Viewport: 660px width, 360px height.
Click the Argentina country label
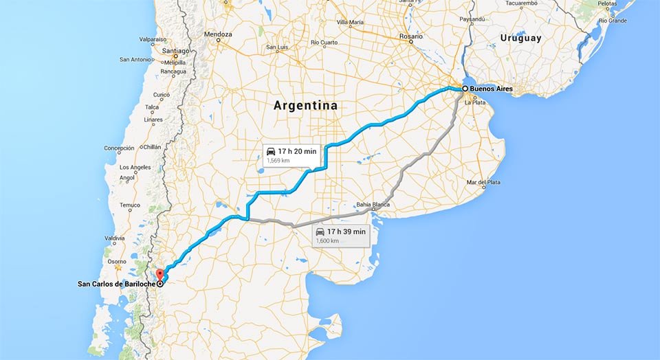point(305,106)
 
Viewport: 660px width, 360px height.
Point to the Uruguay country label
point(520,38)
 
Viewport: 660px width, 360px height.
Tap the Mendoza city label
point(218,34)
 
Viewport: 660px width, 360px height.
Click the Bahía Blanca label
point(373,204)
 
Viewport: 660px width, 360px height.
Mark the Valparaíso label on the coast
point(153,39)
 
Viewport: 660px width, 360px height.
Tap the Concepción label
point(120,148)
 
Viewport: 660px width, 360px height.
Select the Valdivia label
point(115,238)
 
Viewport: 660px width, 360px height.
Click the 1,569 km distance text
point(278,161)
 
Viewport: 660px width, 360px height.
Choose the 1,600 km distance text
point(328,241)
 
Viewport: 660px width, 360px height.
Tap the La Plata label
point(475,102)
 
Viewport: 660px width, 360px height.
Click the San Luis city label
point(277,47)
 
